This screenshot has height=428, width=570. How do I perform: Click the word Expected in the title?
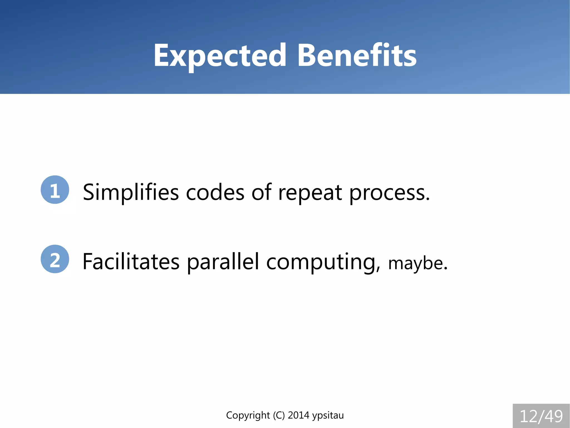pyautogui.click(x=220, y=56)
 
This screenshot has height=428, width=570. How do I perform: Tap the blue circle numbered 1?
pyautogui.click(x=55, y=190)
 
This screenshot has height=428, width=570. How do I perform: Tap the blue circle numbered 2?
pyautogui.click(x=55, y=259)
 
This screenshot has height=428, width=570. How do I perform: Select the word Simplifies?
pyautogui.click(x=131, y=192)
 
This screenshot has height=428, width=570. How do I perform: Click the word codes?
pyautogui.click(x=215, y=192)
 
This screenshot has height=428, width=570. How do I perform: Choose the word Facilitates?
pyautogui.click(x=131, y=262)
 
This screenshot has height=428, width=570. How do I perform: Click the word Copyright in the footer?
pyautogui.click(x=248, y=415)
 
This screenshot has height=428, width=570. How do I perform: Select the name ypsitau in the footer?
pyautogui.click(x=328, y=415)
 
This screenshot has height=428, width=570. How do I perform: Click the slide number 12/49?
pyautogui.click(x=541, y=416)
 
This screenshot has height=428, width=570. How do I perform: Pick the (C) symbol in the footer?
pyautogui.click(x=279, y=415)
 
